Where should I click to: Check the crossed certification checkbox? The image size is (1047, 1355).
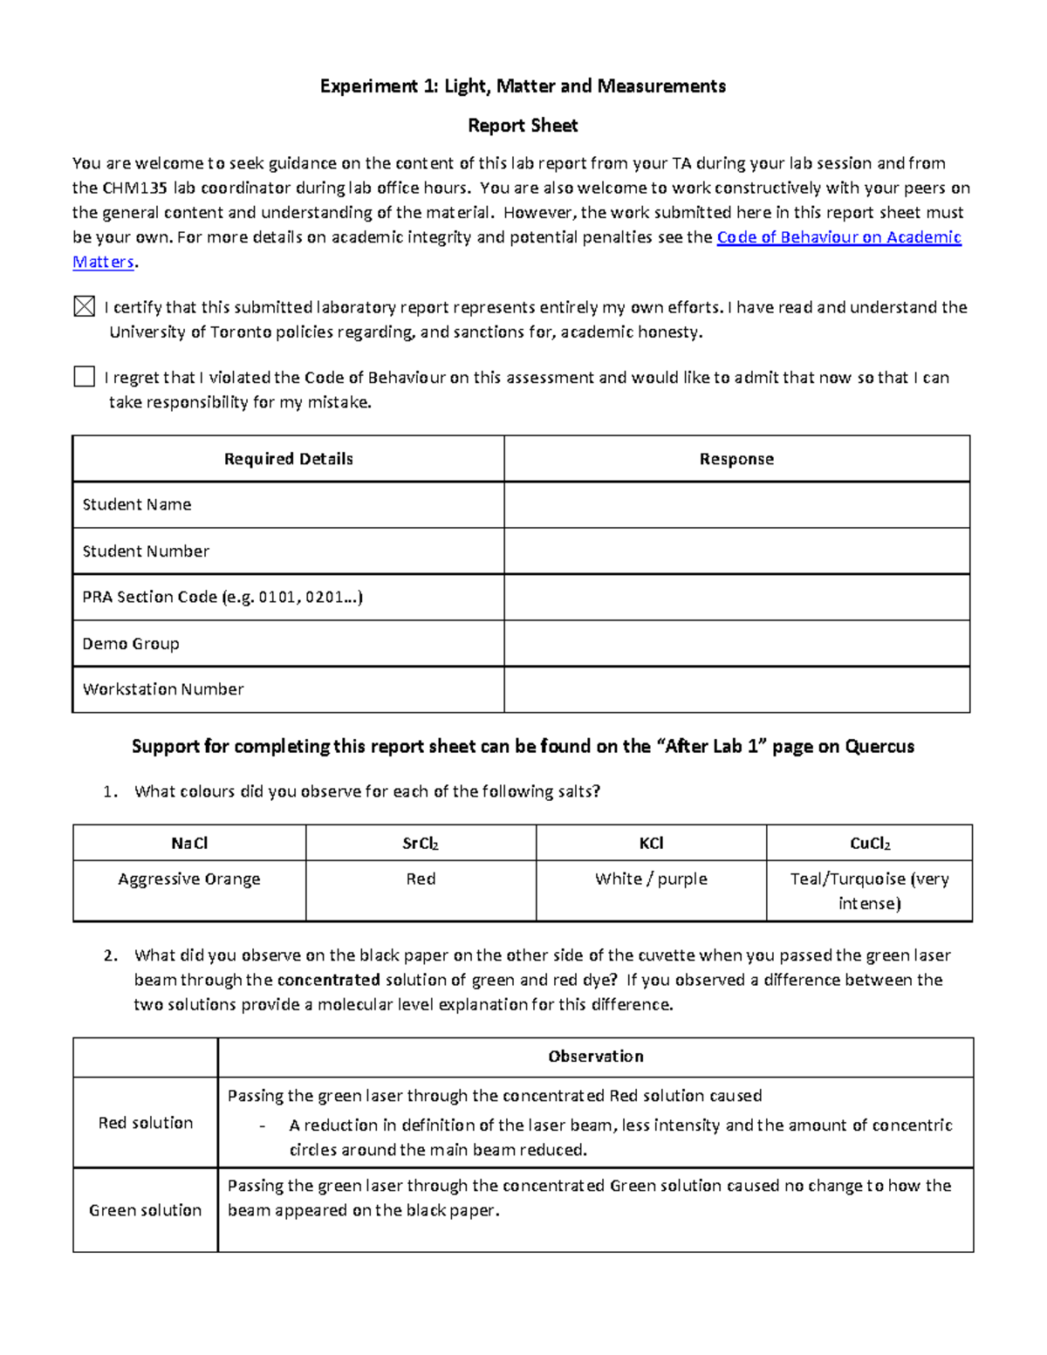pyautogui.click(x=84, y=306)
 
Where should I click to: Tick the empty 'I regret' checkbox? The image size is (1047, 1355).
pyautogui.click(x=84, y=376)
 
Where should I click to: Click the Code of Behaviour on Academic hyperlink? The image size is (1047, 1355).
pyautogui.click(x=838, y=237)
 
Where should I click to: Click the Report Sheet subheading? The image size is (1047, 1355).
pyautogui.click(x=523, y=126)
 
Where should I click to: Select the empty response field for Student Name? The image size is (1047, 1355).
pyautogui.click(x=736, y=505)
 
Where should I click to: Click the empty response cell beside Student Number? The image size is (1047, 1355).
pyautogui.click(x=736, y=551)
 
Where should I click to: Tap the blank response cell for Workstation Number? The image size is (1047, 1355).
pyautogui.click(x=736, y=689)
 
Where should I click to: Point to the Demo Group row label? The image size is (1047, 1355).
pyautogui.click(x=131, y=644)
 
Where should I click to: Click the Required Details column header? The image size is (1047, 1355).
pyautogui.click(x=288, y=459)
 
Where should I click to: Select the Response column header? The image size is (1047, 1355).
pyautogui.click(x=736, y=459)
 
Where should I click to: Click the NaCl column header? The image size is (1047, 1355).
pyautogui.click(x=189, y=843)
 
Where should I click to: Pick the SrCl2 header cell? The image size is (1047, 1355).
pyautogui.click(x=421, y=843)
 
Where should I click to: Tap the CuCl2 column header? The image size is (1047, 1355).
pyautogui.click(x=869, y=843)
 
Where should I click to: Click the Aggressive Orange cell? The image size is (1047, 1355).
pyautogui.click(x=189, y=879)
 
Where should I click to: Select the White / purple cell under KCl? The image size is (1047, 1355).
pyautogui.click(x=651, y=879)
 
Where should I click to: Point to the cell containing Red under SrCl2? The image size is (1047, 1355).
pyautogui.click(x=421, y=879)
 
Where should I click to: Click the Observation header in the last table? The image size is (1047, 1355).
pyautogui.click(x=595, y=1057)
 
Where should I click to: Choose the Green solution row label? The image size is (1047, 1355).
pyautogui.click(x=145, y=1210)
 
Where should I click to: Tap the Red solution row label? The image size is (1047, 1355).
pyautogui.click(x=145, y=1123)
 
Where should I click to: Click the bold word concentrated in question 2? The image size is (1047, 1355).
pyautogui.click(x=328, y=980)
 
